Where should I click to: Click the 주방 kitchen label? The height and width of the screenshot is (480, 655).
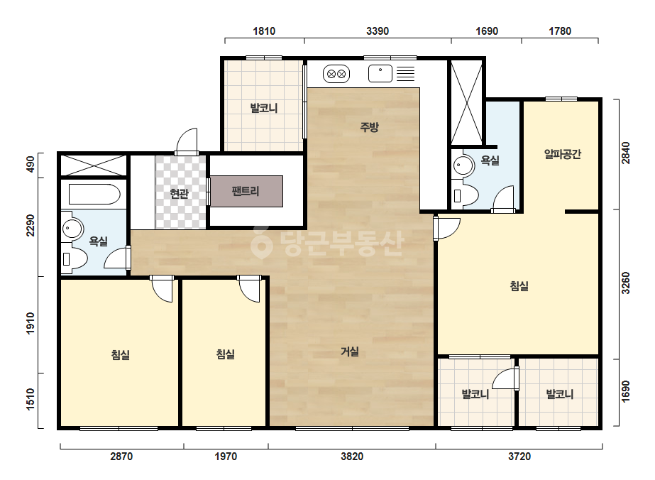coord(369,126)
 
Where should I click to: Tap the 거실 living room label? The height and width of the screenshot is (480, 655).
coord(350,351)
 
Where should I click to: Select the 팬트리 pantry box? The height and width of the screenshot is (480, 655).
coord(246,191)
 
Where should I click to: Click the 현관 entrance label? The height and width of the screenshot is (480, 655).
coord(180,193)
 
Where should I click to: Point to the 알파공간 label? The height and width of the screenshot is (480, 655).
coord(562,154)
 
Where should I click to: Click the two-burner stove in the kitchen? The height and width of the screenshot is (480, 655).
coord(336,74)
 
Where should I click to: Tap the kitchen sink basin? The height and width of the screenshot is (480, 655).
coord(380,74)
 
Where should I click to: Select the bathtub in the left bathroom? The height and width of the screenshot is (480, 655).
coord(94,194)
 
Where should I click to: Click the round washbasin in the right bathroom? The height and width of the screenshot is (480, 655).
coord(463,165)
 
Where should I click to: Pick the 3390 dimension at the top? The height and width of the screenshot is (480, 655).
coord(378,31)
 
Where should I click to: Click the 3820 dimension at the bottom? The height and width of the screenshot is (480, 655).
coord(352,456)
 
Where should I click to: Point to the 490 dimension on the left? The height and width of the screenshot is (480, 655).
coord(30,165)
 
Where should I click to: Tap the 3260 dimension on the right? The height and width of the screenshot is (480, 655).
coord(625,283)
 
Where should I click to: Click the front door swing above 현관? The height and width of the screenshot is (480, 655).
coord(187,141)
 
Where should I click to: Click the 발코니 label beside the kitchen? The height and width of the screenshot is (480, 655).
coord(264,108)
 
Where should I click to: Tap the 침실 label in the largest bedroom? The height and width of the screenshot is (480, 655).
coord(519,286)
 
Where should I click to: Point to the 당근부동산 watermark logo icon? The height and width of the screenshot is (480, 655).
coord(262,242)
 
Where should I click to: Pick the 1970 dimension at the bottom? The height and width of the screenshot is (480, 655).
coord(226,456)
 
